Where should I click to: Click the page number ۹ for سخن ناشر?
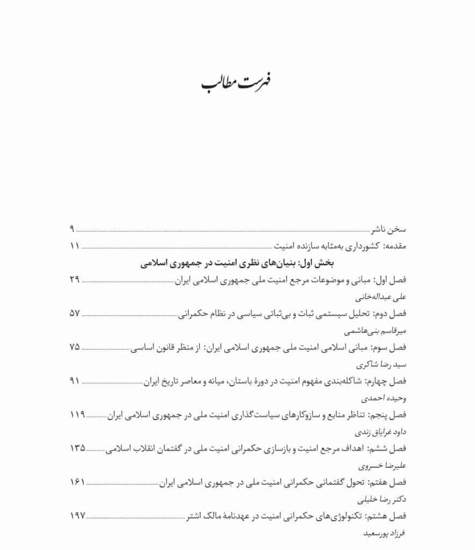coord(71,229)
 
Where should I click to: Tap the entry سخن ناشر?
coord(388,230)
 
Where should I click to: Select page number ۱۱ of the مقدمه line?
coord(74,247)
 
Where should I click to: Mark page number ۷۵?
coord(74,347)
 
